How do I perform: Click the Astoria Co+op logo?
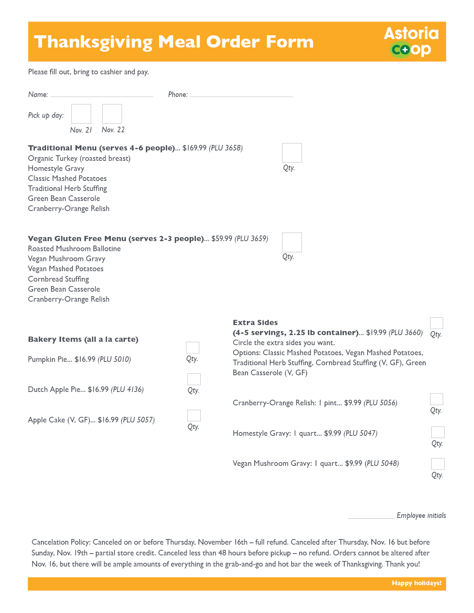[x=411, y=42]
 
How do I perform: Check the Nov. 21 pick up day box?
[x=81, y=114]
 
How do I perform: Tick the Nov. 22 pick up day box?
[x=112, y=114]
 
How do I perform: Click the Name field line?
[x=101, y=95]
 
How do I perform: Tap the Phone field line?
[x=241, y=95]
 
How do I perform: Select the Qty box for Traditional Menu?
[x=292, y=153]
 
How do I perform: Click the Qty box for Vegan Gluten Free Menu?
[x=292, y=242]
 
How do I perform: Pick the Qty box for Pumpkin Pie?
[x=193, y=348]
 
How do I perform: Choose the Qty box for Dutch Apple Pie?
[x=194, y=379]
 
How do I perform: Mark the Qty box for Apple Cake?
[x=194, y=415]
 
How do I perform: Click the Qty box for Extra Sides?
[x=436, y=323]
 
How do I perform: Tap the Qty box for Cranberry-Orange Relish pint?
[x=436, y=399]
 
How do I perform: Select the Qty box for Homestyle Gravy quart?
[x=438, y=432]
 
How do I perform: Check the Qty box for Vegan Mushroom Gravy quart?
[x=438, y=464]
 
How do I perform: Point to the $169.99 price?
[x=194, y=148]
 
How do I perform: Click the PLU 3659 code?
[x=251, y=239]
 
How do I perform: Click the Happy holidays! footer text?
[x=416, y=583]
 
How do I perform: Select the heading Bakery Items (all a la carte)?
[x=83, y=339]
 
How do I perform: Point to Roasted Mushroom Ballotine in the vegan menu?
[x=74, y=249]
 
